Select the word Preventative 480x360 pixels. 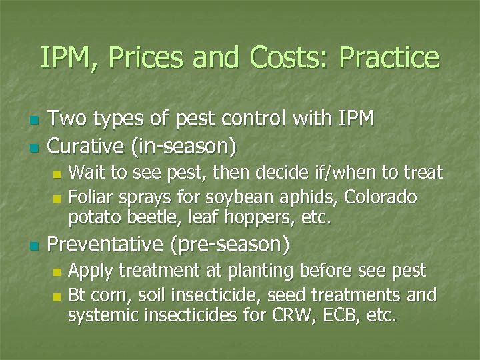tap(107, 245)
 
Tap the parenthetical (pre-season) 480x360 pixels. tap(231, 246)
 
